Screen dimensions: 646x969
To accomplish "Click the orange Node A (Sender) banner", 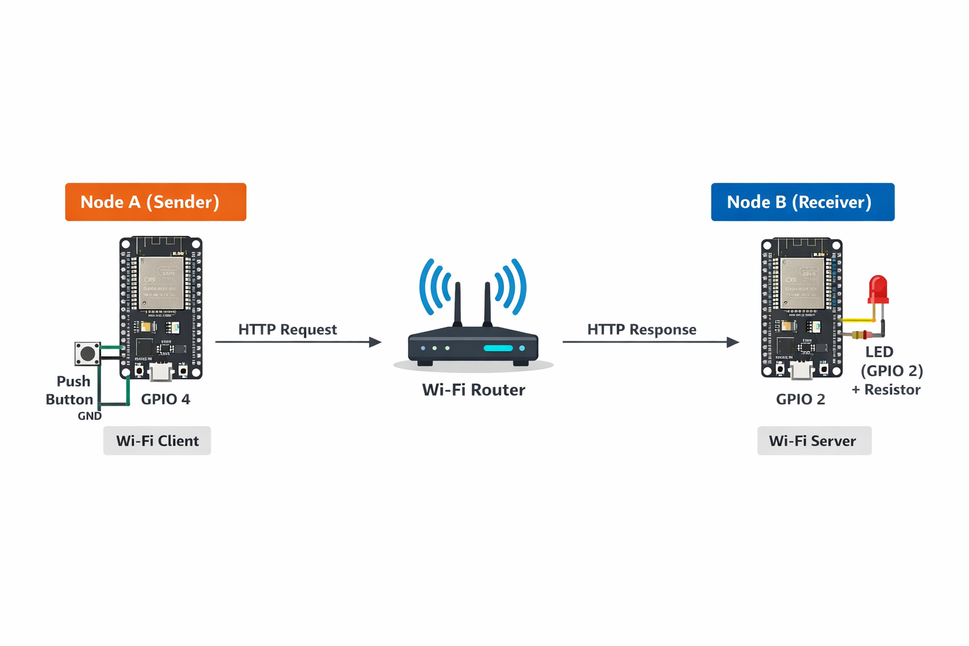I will (x=155, y=202).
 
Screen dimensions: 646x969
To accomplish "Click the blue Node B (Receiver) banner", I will (x=802, y=202).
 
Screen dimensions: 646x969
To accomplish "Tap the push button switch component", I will (x=88, y=354).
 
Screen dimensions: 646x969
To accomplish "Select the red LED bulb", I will (x=878, y=289).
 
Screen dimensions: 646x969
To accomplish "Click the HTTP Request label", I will (x=287, y=329).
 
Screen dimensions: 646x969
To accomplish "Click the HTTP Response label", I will (x=642, y=329).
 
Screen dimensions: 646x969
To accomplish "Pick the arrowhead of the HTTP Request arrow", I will (x=375, y=342).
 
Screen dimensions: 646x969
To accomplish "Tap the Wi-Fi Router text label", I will (x=473, y=390).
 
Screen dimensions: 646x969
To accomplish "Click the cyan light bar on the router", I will (x=498, y=348).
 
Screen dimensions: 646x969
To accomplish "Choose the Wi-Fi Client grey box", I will (x=157, y=440).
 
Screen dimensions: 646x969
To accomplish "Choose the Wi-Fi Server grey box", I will (x=814, y=440).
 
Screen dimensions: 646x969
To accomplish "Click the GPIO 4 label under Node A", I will (x=165, y=399).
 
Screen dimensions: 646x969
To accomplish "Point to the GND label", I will (x=90, y=416).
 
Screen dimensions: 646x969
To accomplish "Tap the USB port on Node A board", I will (x=161, y=372).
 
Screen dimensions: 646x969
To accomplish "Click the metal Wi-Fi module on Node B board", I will (x=802, y=283).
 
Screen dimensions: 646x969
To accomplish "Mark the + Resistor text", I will (x=886, y=390).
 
